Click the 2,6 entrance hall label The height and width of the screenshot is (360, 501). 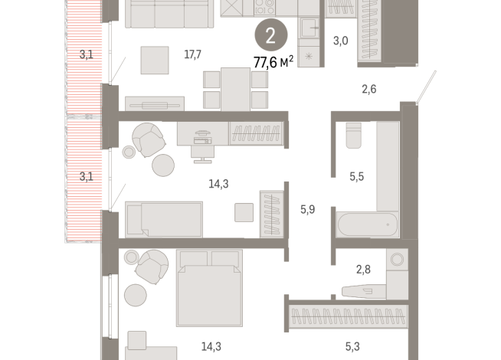pyautogui.click(x=368, y=90)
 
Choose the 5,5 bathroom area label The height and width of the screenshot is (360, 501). pyautogui.click(x=357, y=176)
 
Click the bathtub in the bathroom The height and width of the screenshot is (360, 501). pyautogui.click(x=368, y=225)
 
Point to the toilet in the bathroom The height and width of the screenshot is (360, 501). pyautogui.click(x=353, y=135)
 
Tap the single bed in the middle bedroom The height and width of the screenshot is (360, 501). pyautogui.click(x=164, y=219)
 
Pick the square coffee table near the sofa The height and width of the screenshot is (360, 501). pyautogui.click(x=155, y=61)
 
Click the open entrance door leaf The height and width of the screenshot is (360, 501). pyautogui.click(x=426, y=87)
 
